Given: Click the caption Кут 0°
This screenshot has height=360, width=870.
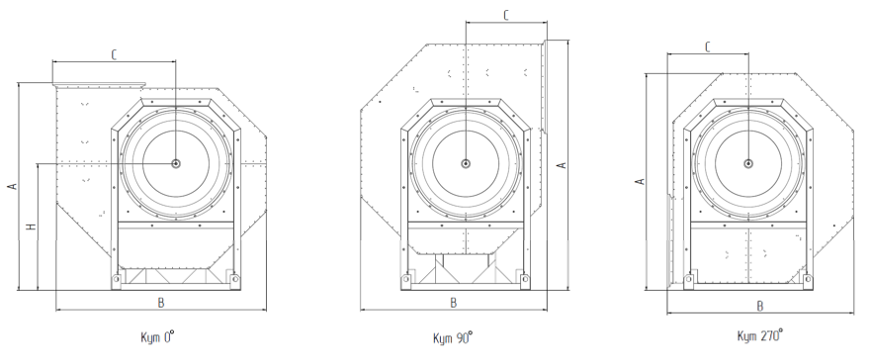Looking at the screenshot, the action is pos(157,336).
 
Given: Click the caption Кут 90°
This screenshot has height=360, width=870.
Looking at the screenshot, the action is pos(453,337).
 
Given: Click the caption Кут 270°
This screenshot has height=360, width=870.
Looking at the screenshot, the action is pos(759,335).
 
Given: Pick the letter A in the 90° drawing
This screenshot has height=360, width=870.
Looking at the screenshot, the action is pos(562,165).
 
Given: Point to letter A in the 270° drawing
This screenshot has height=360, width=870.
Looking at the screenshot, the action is pos(640,181).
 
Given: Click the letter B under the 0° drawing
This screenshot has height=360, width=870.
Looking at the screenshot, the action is pos(161,303).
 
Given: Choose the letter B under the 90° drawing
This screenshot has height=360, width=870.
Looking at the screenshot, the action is pos(454,303).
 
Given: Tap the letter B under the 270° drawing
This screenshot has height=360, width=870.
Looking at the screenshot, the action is pos(760,306).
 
